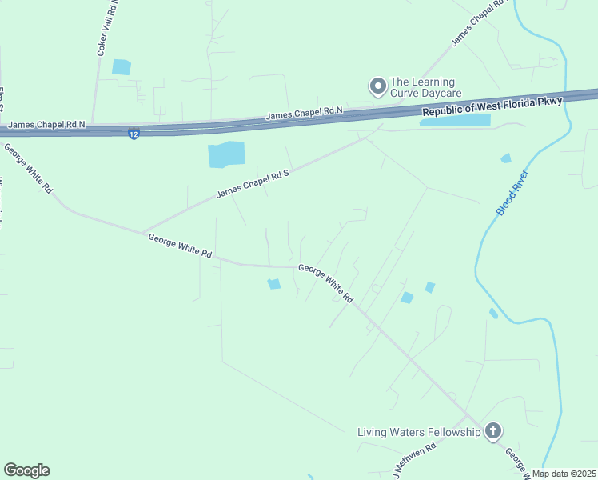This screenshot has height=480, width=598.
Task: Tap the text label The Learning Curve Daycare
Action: click(x=422, y=88)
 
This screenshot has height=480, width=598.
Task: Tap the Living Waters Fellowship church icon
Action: click(x=493, y=432)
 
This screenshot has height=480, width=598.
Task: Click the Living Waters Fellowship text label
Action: click(x=419, y=433)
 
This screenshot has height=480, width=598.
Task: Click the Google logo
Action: click(x=26, y=470)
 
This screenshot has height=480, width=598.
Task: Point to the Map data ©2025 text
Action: click(x=563, y=474)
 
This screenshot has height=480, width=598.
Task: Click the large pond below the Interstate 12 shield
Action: click(x=226, y=154)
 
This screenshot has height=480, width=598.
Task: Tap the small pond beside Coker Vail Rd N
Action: click(x=122, y=67)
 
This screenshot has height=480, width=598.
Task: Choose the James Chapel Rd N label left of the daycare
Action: click(x=304, y=113)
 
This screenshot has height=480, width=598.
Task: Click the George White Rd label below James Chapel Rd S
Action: click(x=180, y=245)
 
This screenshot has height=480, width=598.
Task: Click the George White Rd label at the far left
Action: click(x=28, y=168)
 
